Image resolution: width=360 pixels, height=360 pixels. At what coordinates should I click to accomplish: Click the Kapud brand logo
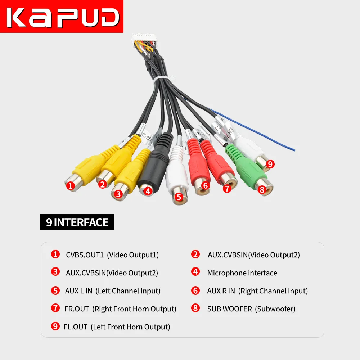pyautogui.click(x=62, y=16)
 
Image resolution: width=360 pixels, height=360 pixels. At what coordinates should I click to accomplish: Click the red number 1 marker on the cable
pyautogui.click(x=71, y=186)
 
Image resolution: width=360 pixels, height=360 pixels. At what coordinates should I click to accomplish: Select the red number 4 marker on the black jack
pyautogui.click(x=148, y=191)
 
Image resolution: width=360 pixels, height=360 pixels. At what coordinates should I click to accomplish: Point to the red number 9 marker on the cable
pyautogui.click(x=270, y=165)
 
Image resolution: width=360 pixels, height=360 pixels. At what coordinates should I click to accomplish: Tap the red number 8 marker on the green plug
pyautogui.click(x=262, y=189)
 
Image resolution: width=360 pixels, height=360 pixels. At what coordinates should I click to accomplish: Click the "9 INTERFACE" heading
pyautogui.click(x=77, y=222)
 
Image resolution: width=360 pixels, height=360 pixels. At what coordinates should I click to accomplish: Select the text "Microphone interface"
pyautogui.click(x=242, y=273)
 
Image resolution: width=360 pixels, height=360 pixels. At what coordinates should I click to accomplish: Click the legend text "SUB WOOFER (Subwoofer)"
pyautogui.click(x=251, y=309)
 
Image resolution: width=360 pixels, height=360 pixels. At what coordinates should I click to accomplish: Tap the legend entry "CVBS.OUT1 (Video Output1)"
pyautogui.click(x=112, y=255)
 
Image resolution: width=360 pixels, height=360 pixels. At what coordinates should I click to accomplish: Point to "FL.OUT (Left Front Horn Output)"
pyautogui.click(x=116, y=327)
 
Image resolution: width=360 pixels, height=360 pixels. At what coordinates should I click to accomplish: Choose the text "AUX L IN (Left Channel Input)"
pyautogui.click(x=113, y=291)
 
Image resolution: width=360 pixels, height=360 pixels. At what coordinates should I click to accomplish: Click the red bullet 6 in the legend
pyautogui.click(x=195, y=291)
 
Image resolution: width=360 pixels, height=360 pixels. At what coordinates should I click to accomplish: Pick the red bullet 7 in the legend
pyautogui.click(x=55, y=308)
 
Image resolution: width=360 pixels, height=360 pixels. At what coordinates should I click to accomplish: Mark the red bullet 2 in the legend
pyautogui.click(x=195, y=255)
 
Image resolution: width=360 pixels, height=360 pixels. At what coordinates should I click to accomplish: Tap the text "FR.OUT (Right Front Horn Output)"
pyautogui.click(x=120, y=309)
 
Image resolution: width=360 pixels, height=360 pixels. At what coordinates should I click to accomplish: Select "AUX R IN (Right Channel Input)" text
pyautogui.click(x=257, y=291)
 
